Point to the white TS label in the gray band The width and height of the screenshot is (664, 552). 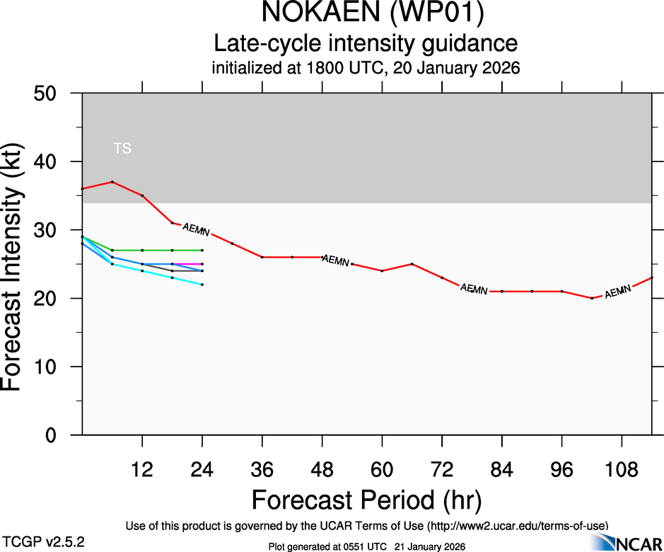point(122,149)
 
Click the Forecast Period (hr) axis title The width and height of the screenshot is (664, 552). point(366,500)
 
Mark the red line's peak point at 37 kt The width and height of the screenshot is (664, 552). point(112,182)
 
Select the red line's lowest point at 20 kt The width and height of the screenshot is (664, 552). point(592,298)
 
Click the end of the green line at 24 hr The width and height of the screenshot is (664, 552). point(202,250)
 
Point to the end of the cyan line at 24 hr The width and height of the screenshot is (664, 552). point(202,284)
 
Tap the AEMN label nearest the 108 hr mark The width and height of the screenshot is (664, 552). point(617,292)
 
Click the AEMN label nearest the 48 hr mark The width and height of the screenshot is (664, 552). point(336,260)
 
